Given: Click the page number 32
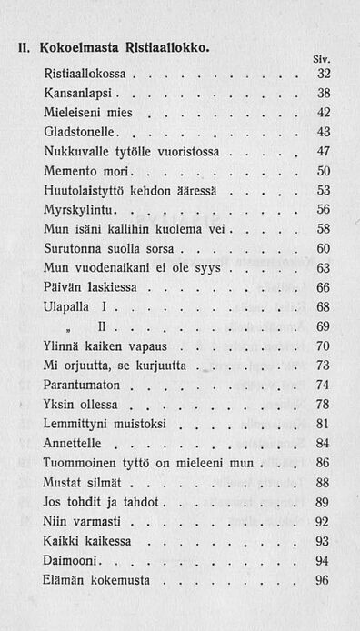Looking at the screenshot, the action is click(323, 73).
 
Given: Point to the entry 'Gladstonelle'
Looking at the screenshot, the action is click(82, 132).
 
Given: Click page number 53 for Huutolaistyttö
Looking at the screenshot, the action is click(323, 190).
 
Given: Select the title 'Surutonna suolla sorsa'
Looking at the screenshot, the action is click(106, 248).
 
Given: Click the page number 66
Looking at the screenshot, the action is click(323, 287).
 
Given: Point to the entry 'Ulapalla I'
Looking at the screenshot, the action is click(75, 306).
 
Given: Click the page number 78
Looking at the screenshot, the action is click(323, 404).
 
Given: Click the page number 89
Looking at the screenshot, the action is click(323, 501).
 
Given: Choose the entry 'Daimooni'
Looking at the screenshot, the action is click(72, 560).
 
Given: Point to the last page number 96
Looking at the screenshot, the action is click(323, 579).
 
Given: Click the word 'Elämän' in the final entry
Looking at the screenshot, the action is click(65, 579).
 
